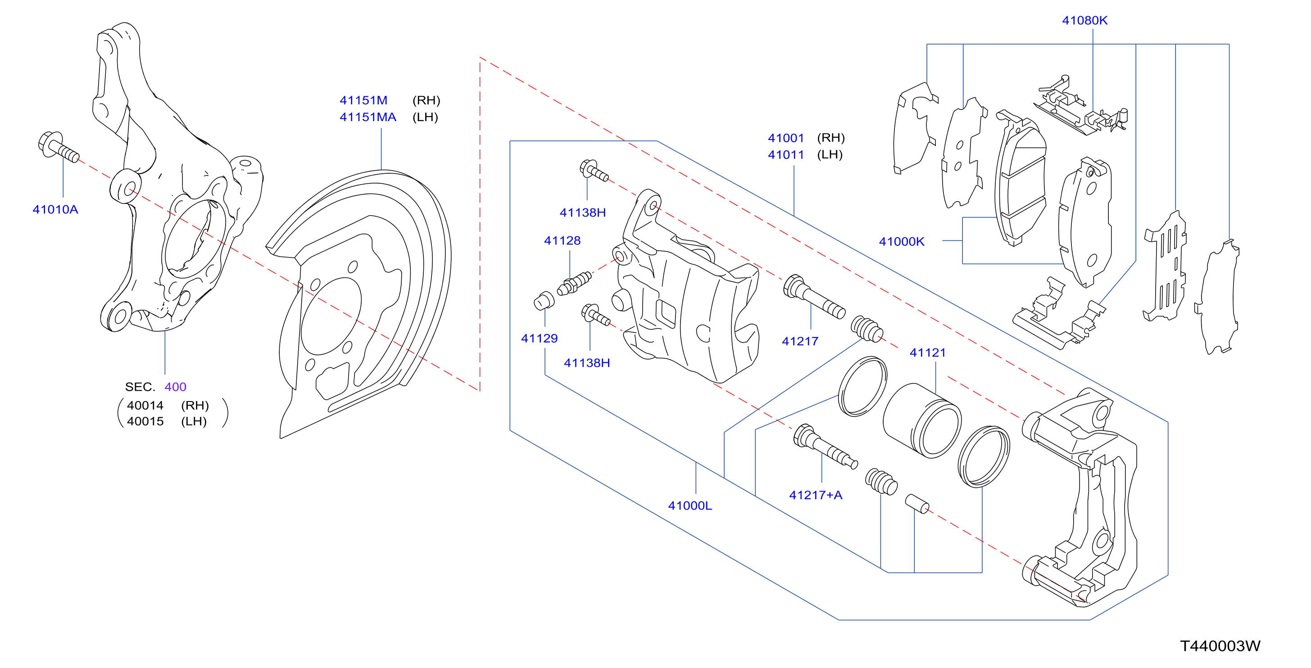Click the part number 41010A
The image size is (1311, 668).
pyautogui.click(x=55, y=209)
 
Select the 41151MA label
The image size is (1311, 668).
pyautogui.click(x=367, y=117)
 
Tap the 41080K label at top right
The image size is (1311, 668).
pyautogui.click(x=1084, y=20)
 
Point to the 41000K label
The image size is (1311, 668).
pyautogui.click(x=901, y=241)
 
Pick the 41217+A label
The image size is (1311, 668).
pyautogui.click(x=815, y=495)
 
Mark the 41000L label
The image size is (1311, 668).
pyautogui.click(x=690, y=505)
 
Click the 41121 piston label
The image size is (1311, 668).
pyautogui.click(x=927, y=352)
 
